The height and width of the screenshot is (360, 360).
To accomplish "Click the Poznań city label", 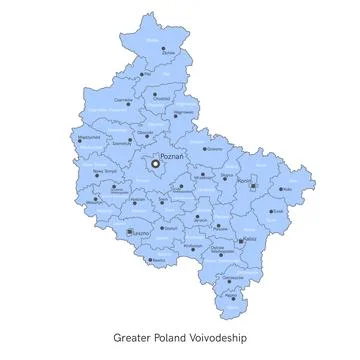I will pyautogui.click(x=170, y=157).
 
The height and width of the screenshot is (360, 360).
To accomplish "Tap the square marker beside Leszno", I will pyautogui.click(x=131, y=232).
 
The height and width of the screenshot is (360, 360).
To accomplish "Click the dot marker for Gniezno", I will pyautogui.click(x=206, y=148).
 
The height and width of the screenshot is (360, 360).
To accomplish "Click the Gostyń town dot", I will pyautogui.click(x=165, y=228).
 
